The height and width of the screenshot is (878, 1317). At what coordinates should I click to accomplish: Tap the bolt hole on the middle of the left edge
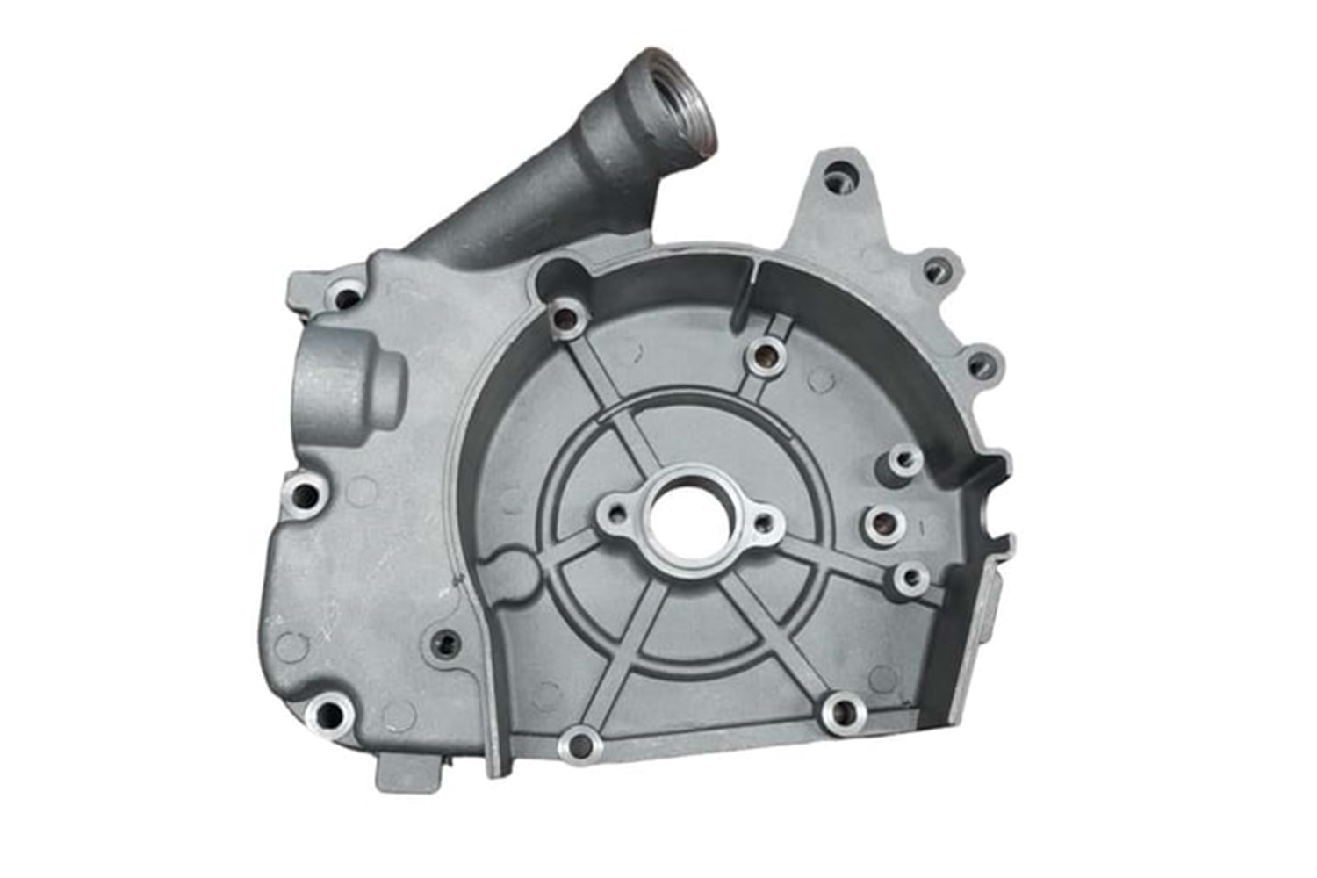306,497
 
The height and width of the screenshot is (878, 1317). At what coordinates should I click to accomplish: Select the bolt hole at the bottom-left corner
329,715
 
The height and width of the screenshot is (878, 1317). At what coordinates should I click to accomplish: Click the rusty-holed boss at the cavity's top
765,355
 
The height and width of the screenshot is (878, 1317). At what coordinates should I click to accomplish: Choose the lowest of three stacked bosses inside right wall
911,577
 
